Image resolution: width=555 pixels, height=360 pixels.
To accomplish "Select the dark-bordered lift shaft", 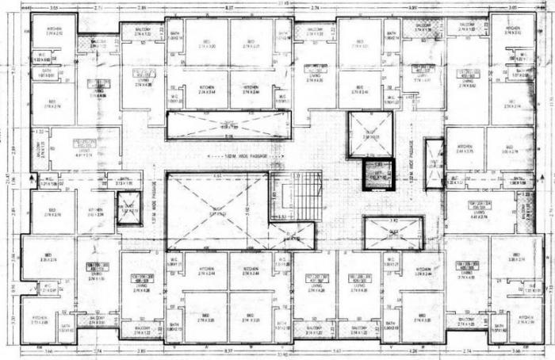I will click(377, 174).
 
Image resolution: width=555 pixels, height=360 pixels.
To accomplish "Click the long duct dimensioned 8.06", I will click(228, 124).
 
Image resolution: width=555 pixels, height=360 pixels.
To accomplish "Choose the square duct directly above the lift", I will click(370, 134).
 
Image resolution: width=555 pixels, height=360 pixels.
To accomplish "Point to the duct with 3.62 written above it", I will click(392, 232).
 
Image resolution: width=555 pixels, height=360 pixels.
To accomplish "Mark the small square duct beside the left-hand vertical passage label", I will click(127, 209).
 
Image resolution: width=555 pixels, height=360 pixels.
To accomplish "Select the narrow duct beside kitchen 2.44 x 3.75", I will click(434, 164).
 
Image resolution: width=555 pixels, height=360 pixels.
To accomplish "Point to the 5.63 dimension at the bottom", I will click(336, 350).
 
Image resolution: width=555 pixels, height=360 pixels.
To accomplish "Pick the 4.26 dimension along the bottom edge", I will click(412, 350).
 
